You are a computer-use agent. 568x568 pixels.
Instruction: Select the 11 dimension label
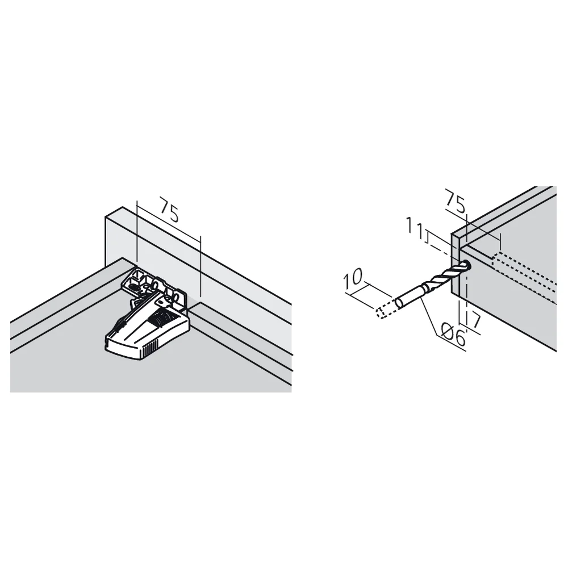coord(416,228)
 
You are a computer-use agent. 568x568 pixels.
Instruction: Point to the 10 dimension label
coord(353,278)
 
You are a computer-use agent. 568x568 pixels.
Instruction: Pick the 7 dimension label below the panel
coord(475,320)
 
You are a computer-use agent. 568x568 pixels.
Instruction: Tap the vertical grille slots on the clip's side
coord(150,349)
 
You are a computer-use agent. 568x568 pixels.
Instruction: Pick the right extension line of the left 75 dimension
coord(200,266)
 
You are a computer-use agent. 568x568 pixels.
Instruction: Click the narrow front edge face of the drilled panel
coord(456,265)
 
